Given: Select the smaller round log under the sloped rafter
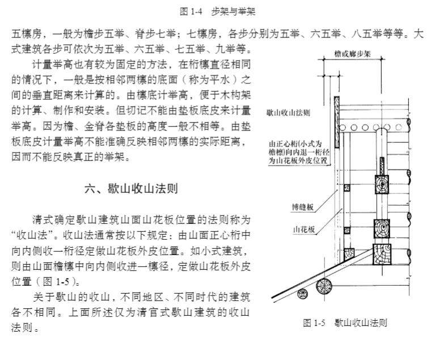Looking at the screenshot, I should coord(303,294).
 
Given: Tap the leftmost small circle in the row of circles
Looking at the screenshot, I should coord(342,127).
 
